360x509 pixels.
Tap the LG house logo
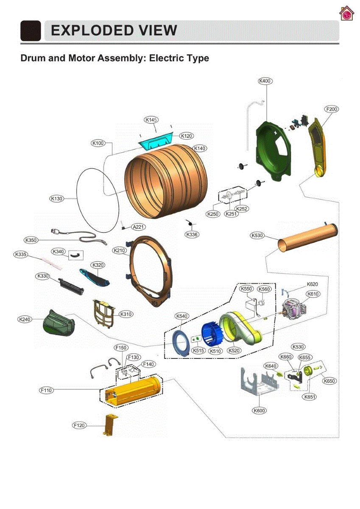[x=346, y=14]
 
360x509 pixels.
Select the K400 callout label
[x=265, y=81]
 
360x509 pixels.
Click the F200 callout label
[x=332, y=109]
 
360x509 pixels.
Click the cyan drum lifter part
[x=156, y=141]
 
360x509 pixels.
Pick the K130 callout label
[x=56, y=199]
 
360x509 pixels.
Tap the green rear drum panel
[x=273, y=151]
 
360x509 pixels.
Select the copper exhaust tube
[x=308, y=237]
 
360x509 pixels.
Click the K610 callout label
[x=313, y=294]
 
